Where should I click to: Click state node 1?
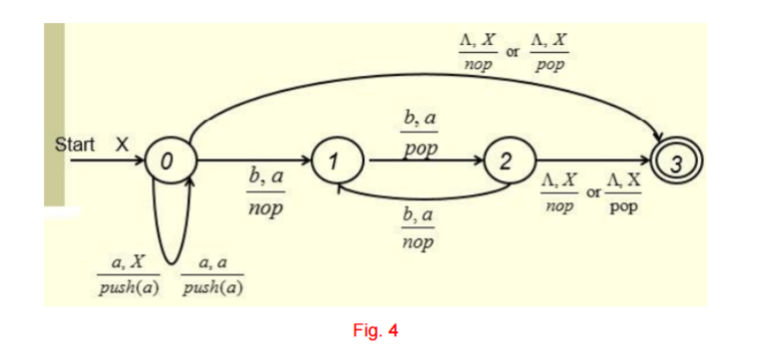click(x=336, y=160)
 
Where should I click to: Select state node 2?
click(x=506, y=160)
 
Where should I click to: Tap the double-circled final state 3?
click(x=672, y=160)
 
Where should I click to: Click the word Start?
click(x=76, y=144)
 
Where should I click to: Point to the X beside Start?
click(x=123, y=144)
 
